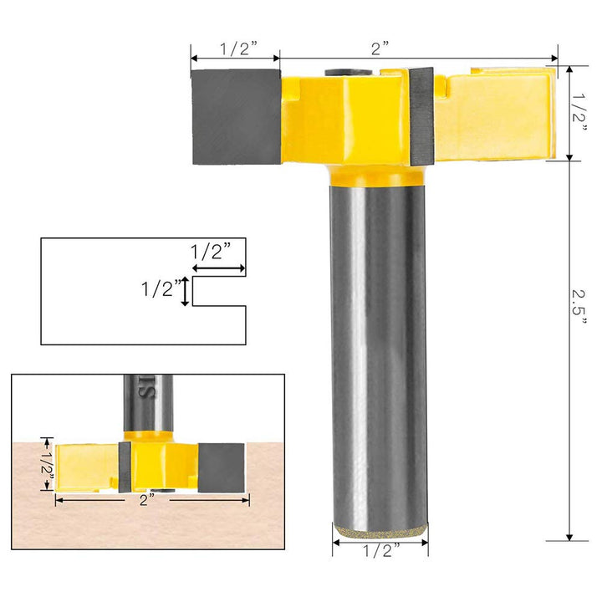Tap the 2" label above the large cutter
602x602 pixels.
[x=381, y=48]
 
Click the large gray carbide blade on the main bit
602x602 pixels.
[x=236, y=116]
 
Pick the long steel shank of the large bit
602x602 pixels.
[x=380, y=351]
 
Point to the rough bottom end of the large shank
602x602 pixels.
[x=380, y=529]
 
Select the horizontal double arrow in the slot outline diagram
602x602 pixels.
[x=218, y=269]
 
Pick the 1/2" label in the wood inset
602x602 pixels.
[x=48, y=458]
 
